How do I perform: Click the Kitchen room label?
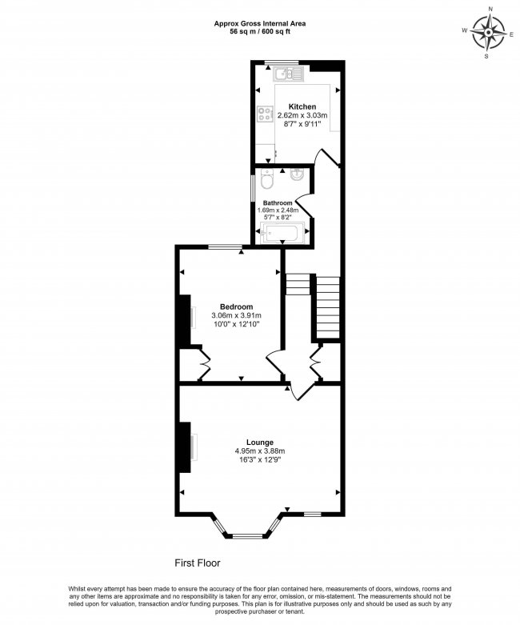click(302, 106)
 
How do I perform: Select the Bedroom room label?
click(237, 306)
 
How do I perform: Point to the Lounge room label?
click(260, 443)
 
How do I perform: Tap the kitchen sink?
click(286, 74)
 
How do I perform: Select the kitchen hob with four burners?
click(263, 114)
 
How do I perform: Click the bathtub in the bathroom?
click(281, 234)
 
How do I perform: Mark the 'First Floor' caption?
click(198, 563)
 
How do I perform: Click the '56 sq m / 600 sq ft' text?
click(259, 32)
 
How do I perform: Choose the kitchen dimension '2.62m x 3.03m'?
click(302, 116)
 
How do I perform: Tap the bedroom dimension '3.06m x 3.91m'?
click(237, 316)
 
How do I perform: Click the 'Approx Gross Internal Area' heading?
click(259, 23)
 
